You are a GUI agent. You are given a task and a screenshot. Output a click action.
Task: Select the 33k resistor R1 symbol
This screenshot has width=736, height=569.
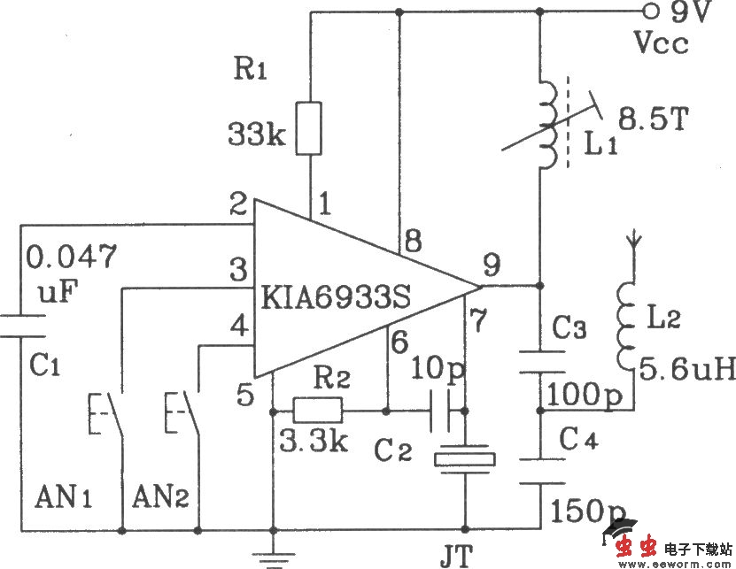pyautogui.click(x=310, y=129)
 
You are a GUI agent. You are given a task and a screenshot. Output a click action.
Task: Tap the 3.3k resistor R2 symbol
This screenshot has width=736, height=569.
pyautogui.click(x=316, y=411)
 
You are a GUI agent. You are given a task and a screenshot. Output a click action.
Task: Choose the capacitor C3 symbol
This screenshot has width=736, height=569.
pyautogui.click(x=540, y=361)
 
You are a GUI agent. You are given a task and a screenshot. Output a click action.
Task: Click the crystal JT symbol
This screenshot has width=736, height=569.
pyautogui.click(x=464, y=459)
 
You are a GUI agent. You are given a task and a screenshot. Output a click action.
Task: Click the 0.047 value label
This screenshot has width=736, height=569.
pyautogui.click(x=71, y=258)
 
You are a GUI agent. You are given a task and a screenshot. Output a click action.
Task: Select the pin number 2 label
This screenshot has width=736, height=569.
pyautogui.click(x=237, y=207)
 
